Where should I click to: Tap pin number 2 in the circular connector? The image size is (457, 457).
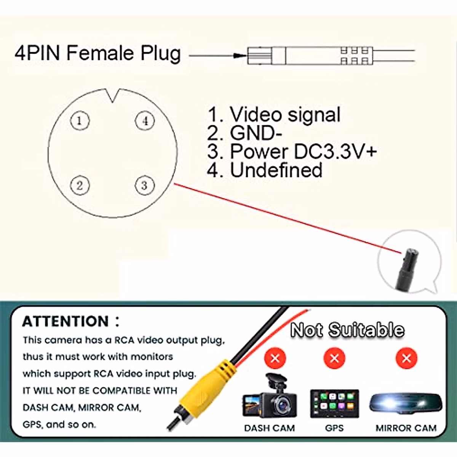pos(80,186)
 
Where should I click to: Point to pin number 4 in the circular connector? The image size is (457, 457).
pos(145,121)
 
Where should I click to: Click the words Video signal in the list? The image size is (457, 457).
pos(285,115)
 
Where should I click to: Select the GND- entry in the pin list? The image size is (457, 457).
pos(256,133)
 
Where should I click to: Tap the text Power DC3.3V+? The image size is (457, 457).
pos(303,151)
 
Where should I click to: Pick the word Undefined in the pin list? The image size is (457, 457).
pos(276,170)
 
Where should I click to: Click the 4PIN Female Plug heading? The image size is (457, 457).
pos(97,53)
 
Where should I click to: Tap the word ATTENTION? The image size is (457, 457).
pos(66,321)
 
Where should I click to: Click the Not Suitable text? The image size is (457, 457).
pos(347,330)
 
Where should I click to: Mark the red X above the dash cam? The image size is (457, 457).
pos(275,358)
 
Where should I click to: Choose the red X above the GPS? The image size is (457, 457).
pos(334,358)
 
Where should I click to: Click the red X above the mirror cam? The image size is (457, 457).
pos(406,358)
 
